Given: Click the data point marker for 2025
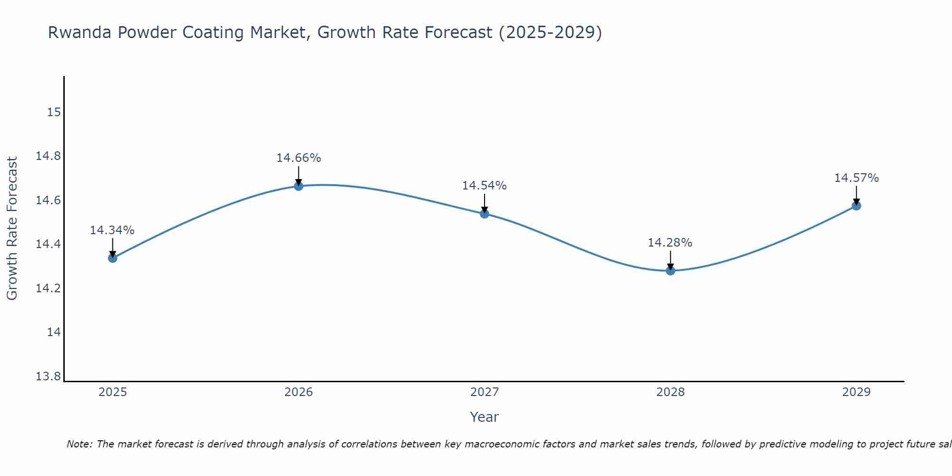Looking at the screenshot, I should click(x=112, y=258).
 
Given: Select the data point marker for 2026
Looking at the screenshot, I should click(x=298, y=186).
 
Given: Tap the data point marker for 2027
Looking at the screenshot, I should click(x=485, y=214).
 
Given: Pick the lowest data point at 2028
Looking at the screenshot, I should click(x=670, y=271).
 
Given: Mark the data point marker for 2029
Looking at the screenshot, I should click(x=856, y=206).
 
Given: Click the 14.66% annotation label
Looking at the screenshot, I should click(x=298, y=158).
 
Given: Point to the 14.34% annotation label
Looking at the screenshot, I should click(x=112, y=230).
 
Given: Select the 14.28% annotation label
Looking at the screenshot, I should click(x=670, y=243).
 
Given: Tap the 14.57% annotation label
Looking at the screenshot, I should click(x=856, y=178).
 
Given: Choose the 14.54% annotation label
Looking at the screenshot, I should click(x=484, y=186).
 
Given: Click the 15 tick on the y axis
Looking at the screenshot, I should click(x=54, y=112).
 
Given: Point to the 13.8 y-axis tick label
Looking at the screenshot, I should click(x=48, y=377).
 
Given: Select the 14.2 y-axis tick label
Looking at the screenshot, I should click(x=48, y=288).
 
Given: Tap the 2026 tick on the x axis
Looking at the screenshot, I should click(x=298, y=392).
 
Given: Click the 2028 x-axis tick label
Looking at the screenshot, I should click(x=670, y=392).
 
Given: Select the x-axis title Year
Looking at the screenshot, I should click(x=484, y=417).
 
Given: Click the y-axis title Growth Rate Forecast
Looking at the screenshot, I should click(x=12, y=228).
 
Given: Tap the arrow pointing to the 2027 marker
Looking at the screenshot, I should click(x=485, y=203).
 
